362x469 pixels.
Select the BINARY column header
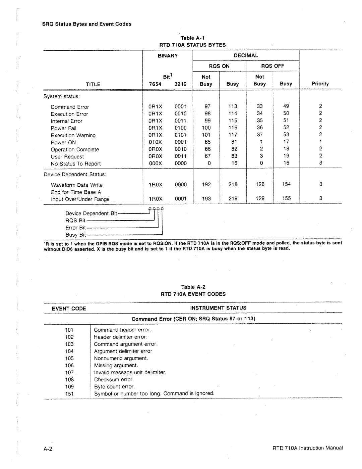click(x=168, y=55)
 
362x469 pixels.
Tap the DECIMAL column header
click(x=246, y=55)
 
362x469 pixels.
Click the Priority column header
click(x=320, y=84)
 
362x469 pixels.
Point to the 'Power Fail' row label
click(x=63, y=128)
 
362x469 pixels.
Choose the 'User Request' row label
click(x=67, y=157)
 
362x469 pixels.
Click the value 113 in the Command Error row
click(x=233, y=106)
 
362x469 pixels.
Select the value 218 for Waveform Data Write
click(x=233, y=184)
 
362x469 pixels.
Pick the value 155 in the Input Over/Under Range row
click(x=286, y=198)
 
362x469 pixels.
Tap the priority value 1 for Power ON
click(x=320, y=142)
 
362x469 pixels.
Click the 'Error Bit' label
click(x=76, y=228)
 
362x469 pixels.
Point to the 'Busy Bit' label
click(x=76, y=235)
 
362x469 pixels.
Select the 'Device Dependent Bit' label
click(x=91, y=214)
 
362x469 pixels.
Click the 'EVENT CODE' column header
click(x=69, y=309)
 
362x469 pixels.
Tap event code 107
click(x=69, y=372)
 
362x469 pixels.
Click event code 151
click(x=69, y=394)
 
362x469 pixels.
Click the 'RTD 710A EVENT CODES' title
click(x=193, y=294)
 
